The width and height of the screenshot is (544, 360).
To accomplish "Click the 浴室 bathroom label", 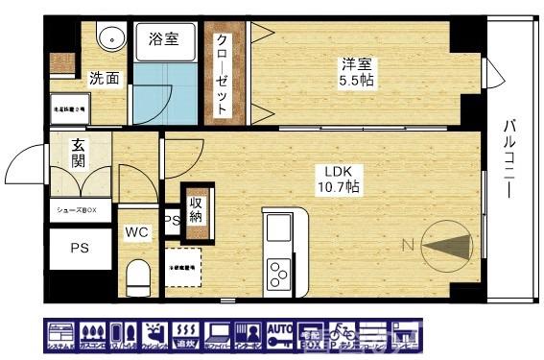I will (162, 39).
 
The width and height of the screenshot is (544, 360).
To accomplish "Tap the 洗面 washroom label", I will (105, 78).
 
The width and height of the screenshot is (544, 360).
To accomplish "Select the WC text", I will (135, 231).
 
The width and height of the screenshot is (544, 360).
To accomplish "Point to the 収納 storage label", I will (196, 209).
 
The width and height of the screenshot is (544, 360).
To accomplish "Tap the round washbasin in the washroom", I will (110, 38).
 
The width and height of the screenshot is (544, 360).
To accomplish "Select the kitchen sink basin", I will (279, 230).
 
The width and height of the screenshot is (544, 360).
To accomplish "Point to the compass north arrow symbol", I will (445, 245).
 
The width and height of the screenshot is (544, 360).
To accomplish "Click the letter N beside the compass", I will (406, 246).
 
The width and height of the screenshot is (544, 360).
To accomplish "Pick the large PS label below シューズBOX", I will (78, 247).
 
